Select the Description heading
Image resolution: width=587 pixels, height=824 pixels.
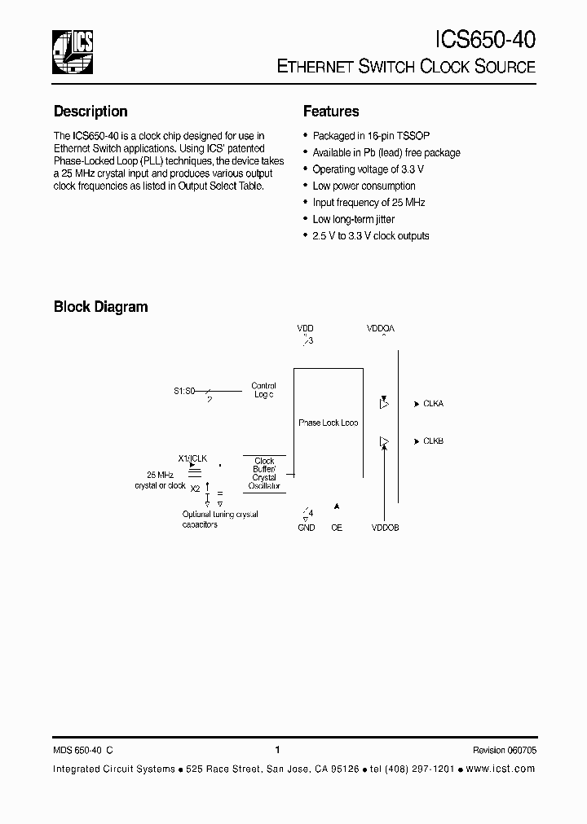[90, 112]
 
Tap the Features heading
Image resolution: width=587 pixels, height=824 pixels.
[331, 112]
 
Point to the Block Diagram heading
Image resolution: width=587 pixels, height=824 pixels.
[100, 307]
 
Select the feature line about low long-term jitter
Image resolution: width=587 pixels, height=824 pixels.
[353, 219]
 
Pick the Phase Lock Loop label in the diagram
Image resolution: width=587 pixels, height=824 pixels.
[328, 423]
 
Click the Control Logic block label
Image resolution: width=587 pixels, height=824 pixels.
[263, 390]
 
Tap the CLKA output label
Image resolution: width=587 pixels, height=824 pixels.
[433, 403]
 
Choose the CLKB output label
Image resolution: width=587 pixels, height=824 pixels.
[433, 441]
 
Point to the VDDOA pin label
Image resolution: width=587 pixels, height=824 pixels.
[381, 329]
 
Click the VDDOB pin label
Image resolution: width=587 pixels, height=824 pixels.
[385, 528]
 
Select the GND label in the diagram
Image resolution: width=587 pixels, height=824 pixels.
[307, 528]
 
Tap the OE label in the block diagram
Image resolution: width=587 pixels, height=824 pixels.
[337, 528]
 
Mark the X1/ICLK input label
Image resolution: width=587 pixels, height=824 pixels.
[192, 458]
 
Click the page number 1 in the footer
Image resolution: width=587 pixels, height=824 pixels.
[278, 750]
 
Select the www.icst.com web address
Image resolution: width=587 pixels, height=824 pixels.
[502, 769]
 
